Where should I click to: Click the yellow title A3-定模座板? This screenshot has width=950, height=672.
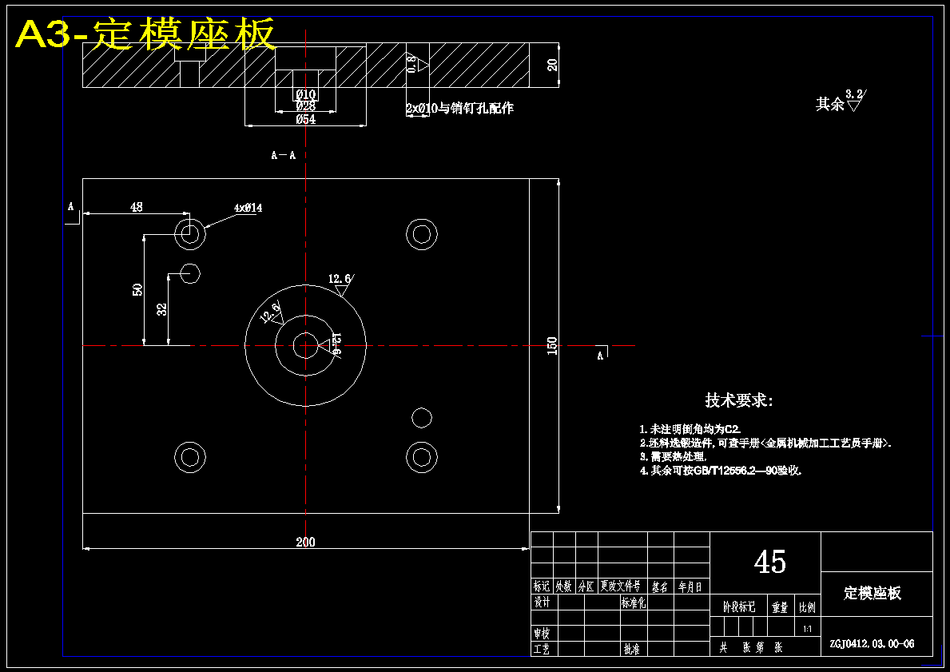146,34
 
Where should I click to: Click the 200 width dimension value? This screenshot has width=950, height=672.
305,542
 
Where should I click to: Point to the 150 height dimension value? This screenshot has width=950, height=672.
551,346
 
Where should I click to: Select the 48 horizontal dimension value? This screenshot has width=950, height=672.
137,207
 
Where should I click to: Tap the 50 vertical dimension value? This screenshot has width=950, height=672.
137,289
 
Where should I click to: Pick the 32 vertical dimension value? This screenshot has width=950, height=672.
162,309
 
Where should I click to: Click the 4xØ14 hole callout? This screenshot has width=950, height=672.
248,208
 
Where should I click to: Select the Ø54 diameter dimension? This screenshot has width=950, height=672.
305,119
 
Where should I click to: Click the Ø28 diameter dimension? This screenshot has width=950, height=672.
305,106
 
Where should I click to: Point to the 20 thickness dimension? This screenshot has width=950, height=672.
552,66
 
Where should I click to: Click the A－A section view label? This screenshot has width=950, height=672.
284,155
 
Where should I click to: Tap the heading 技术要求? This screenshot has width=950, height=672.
738,400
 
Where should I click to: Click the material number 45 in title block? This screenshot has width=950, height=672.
769,562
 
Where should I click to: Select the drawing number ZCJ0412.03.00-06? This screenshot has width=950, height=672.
872,643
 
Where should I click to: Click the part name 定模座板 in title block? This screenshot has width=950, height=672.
872,593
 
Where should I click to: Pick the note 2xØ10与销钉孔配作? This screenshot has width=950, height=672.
459,109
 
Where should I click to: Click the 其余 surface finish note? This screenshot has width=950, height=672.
830,104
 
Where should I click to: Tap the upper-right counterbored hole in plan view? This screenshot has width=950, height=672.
421,233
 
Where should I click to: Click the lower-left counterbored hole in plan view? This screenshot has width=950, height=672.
189,457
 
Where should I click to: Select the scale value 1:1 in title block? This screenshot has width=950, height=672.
808,629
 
